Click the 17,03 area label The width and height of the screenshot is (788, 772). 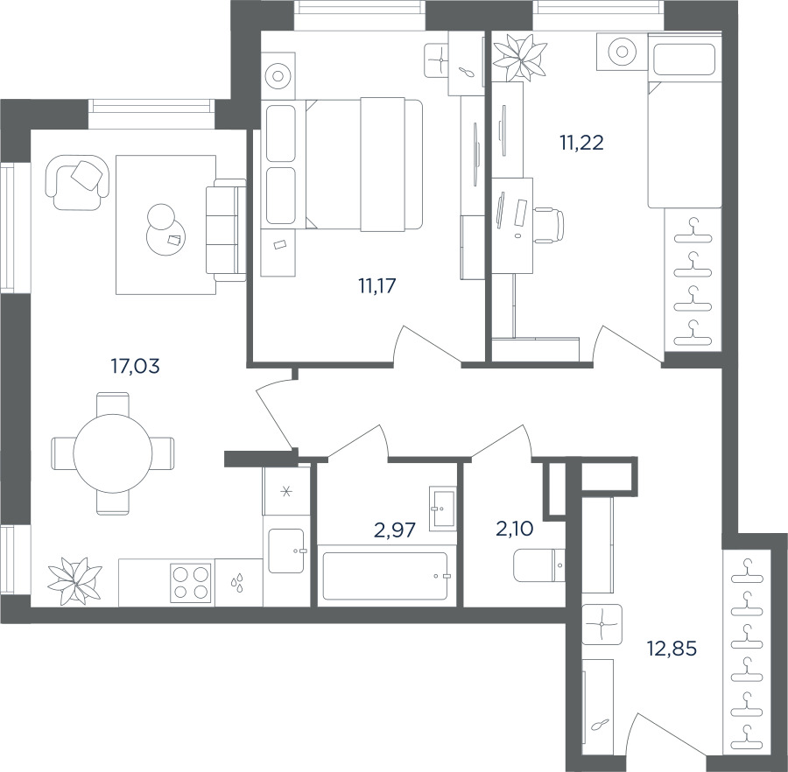[x=135, y=366]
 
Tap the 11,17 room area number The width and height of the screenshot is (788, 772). [x=376, y=285]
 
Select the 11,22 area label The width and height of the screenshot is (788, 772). [x=581, y=144]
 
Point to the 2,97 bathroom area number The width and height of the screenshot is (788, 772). [x=395, y=530]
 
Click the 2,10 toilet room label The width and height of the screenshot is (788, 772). [x=515, y=529]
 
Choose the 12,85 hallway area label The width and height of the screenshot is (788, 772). [x=672, y=649]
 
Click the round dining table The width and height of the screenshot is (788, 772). [x=113, y=453]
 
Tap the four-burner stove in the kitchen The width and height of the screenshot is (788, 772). [x=191, y=582]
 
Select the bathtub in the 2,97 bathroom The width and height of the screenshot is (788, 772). [x=385, y=576]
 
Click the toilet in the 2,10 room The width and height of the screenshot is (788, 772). [x=539, y=565]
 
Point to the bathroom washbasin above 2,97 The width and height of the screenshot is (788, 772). [x=443, y=508]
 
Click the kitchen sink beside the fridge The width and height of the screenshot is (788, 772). [x=286, y=551]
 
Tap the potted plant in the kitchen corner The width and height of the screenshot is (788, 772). [x=74, y=581]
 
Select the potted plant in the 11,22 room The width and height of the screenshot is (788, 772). [x=519, y=56]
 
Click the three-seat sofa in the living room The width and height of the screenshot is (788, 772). [x=225, y=230]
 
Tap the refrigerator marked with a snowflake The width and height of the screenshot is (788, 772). [x=286, y=491]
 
